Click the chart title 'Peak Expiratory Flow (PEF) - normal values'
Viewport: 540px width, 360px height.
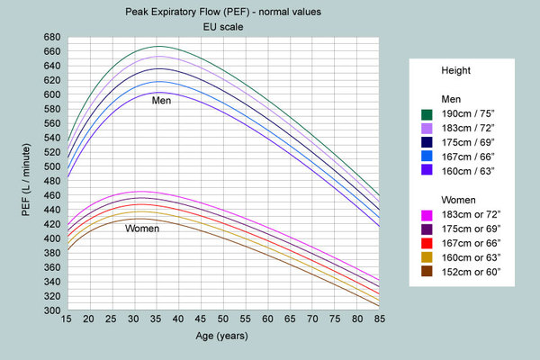[223, 12]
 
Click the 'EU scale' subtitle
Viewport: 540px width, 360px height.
[223, 27]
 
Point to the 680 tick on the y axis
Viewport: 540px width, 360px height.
[51, 37]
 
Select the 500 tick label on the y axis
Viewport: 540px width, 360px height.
[51, 166]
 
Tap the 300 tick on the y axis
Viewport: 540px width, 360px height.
[51, 310]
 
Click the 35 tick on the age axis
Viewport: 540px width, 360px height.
[156, 319]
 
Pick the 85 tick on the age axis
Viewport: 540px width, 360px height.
[380, 319]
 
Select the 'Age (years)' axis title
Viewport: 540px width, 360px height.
[222, 336]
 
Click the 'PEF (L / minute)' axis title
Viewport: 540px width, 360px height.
[26, 180]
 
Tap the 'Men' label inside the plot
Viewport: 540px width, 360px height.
[161, 101]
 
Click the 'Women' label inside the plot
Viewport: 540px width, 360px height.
[142, 229]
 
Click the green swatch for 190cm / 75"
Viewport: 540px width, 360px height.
[427, 114]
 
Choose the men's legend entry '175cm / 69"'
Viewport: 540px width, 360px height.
[468, 142]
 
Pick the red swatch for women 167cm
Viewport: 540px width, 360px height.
[427, 243]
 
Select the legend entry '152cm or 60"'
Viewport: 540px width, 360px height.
[471, 272]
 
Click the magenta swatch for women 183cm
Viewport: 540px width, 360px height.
[427, 215]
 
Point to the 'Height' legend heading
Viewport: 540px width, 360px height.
[456, 70]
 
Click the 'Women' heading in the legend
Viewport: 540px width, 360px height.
[458, 200]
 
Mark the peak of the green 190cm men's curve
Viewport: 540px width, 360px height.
[158, 46]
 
